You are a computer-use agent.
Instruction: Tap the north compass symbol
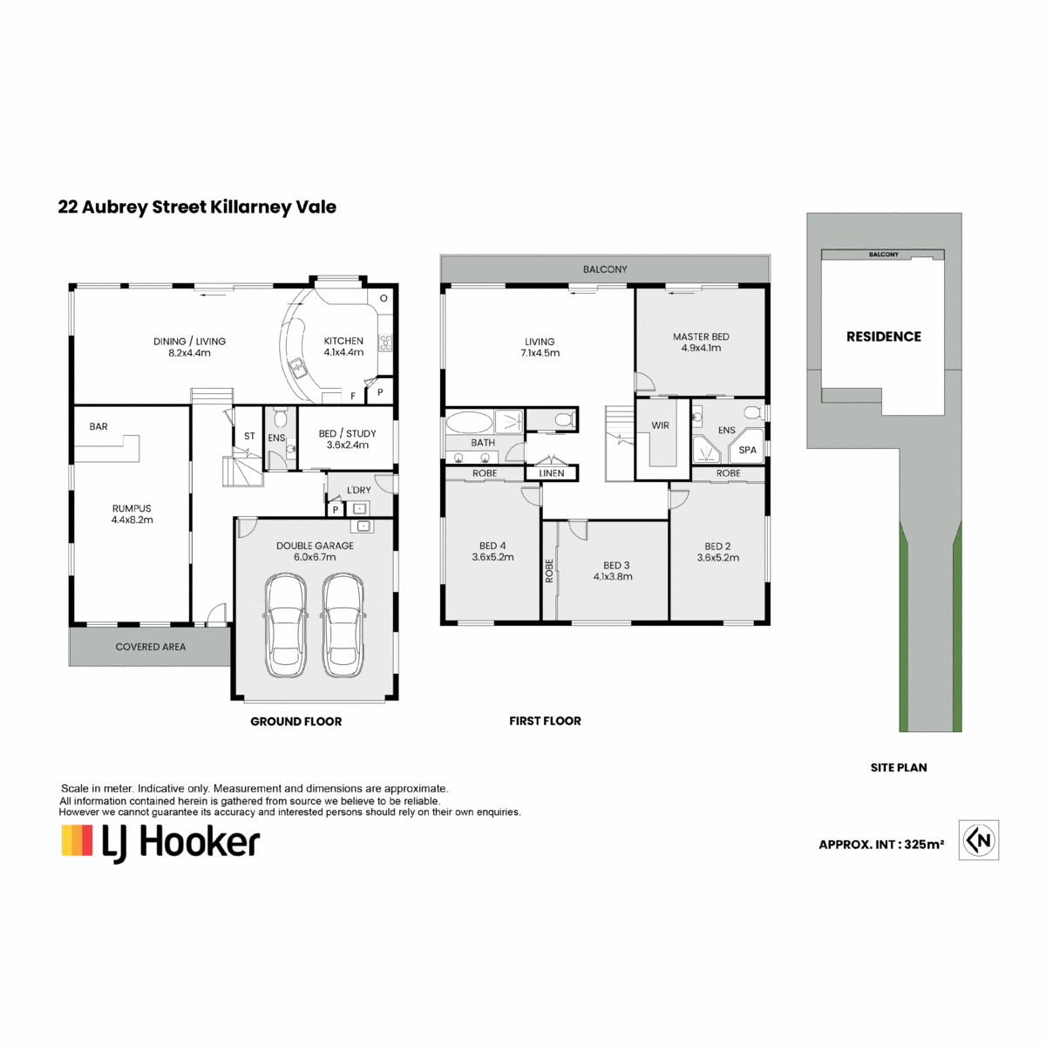coord(979,839)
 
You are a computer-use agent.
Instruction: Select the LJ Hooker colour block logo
coord(77,841)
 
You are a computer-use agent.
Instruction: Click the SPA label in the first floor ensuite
coord(747,450)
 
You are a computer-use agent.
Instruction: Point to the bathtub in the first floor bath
coord(469,422)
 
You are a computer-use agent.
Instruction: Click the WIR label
coord(660,425)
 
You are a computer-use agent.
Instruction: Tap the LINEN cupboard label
coord(552,473)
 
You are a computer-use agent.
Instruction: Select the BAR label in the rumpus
coord(98,426)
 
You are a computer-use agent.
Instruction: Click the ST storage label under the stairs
coord(249,436)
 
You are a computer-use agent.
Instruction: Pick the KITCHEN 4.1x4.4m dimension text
coord(343,352)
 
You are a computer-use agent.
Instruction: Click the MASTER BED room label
coord(701,336)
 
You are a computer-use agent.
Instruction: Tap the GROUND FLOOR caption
coord(295,722)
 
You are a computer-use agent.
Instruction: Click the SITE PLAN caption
coord(899,768)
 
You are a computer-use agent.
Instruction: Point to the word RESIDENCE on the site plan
coord(884,336)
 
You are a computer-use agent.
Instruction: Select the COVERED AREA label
coord(150,647)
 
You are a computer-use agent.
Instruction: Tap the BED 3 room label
coord(616,566)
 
